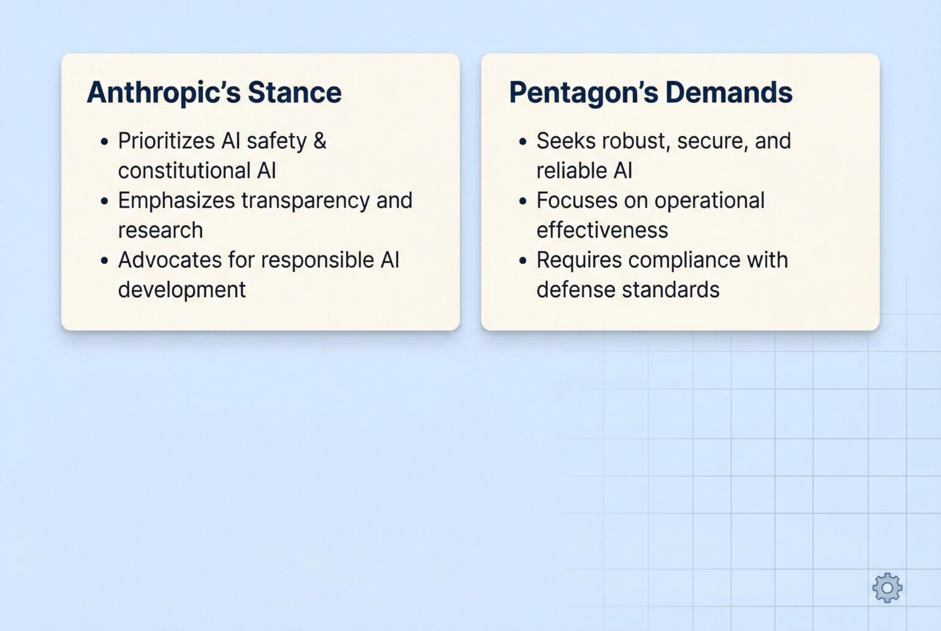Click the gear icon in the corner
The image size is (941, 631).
click(x=887, y=588)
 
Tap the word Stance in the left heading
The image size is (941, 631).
click(x=295, y=93)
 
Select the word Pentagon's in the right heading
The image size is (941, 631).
click(x=583, y=93)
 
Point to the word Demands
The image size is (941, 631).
click(x=729, y=93)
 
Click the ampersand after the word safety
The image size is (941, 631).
click(x=320, y=141)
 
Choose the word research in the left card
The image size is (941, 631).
click(x=161, y=230)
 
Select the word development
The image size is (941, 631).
click(x=182, y=290)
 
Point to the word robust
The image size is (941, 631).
click(x=636, y=141)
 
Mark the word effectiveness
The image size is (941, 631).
click(x=602, y=230)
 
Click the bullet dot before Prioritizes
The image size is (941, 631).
click(x=104, y=142)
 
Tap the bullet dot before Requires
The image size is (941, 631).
click(x=523, y=261)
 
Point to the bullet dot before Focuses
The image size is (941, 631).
click(x=523, y=201)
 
